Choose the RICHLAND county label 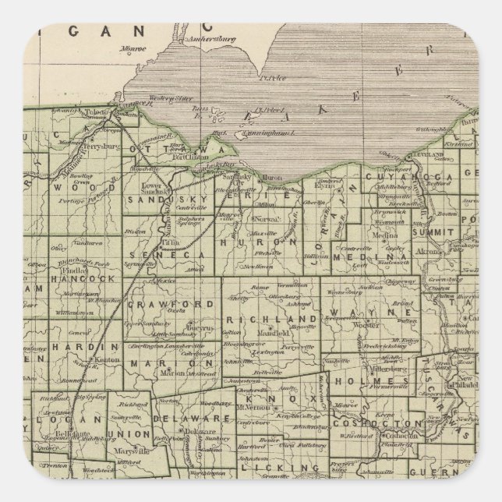pos(262,320)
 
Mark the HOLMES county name pos(359,380)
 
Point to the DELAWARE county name pos(195,419)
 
